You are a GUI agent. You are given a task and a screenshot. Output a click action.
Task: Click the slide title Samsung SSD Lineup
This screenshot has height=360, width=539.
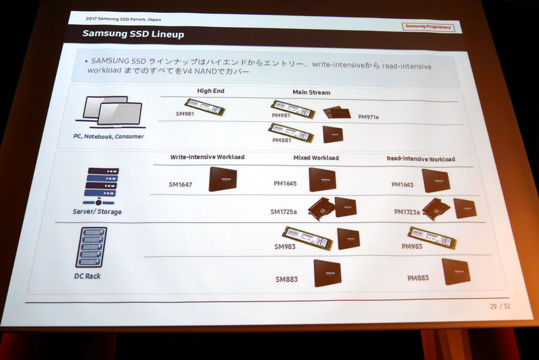[x=133, y=32]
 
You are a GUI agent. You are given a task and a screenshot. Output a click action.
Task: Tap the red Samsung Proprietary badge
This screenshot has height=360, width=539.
[x=428, y=27]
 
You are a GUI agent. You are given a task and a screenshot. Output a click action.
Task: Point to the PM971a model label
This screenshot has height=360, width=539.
[x=369, y=117]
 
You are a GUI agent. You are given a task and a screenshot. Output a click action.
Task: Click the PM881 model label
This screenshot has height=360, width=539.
[x=282, y=140]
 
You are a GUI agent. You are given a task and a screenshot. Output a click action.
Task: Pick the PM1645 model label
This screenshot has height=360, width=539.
[x=286, y=183]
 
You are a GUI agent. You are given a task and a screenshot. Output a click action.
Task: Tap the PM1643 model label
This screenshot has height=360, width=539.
[x=404, y=183]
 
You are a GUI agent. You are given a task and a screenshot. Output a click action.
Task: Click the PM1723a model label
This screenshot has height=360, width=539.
[x=407, y=212]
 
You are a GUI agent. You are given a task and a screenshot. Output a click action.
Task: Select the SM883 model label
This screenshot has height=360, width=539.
[x=288, y=278]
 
